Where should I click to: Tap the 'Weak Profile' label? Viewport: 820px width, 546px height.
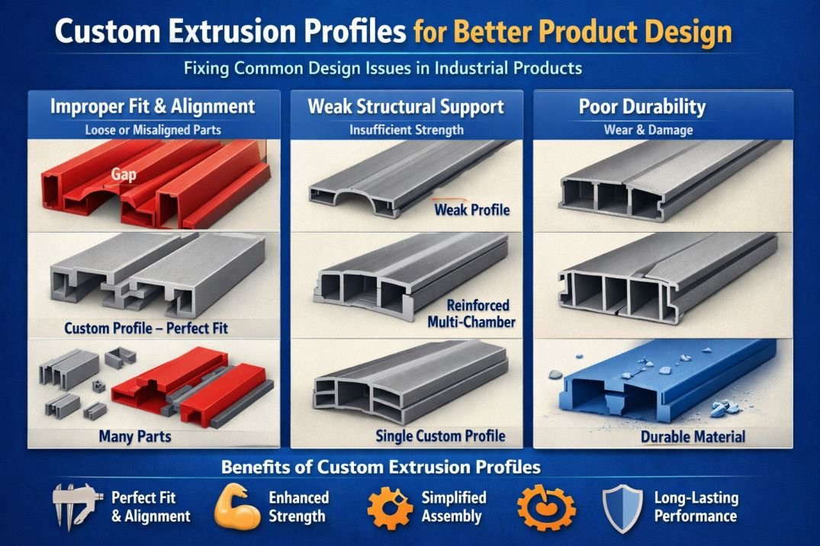coord(471,209)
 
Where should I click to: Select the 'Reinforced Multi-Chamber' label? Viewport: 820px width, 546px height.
coord(471,313)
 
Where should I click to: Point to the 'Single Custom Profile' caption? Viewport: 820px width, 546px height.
coord(440,435)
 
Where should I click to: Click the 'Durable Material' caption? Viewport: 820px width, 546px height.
coord(693,437)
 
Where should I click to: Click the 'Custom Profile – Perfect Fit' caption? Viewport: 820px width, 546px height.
coord(146,329)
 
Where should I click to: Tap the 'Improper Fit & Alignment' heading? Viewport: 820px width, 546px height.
coord(153,106)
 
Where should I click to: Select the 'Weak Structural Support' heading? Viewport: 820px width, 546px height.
coord(406,106)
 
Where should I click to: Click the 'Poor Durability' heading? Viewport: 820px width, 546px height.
coord(642,106)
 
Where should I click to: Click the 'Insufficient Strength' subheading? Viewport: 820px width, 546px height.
coord(406,130)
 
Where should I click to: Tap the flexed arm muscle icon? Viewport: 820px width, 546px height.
coord(236,507)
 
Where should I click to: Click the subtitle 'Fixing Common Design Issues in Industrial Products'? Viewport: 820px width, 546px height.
coord(383,68)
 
